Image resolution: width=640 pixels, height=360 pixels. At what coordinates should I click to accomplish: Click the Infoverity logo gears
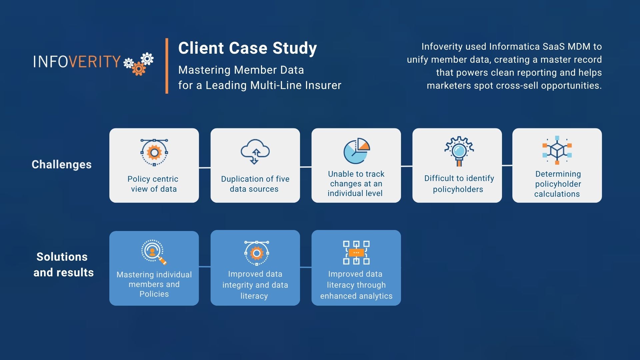[x=139, y=64]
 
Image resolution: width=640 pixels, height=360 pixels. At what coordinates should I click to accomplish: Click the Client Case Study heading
[x=247, y=48]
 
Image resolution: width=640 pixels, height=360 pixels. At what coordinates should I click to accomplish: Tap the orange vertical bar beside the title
[x=167, y=66]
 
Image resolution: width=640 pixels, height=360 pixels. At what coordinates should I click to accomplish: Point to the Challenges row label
[x=62, y=164]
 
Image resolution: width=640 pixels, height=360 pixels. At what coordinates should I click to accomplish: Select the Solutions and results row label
[x=63, y=264]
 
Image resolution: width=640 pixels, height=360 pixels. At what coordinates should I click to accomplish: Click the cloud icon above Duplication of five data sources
[x=255, y=152]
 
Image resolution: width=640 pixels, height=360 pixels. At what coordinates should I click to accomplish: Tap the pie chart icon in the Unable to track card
[x=356, y=151]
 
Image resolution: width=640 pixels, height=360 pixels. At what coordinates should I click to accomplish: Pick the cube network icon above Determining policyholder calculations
[x=557, y=150]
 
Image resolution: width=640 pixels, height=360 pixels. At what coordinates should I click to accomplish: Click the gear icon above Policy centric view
[x=154, y=152]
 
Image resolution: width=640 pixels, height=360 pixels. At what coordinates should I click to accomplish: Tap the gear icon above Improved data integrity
[x=256, y=253]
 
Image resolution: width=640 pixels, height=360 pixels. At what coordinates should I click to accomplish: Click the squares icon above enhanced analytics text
[x=356, y=253]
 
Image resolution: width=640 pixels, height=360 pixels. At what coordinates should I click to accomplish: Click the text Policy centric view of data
[x=153, y=184]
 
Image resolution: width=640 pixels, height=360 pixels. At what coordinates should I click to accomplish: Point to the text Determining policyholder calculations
[x=557, y=184]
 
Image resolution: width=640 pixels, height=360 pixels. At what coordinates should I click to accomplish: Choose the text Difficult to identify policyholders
[x=459, y=184]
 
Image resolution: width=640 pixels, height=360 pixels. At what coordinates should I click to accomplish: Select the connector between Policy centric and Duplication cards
[x=205, y=167]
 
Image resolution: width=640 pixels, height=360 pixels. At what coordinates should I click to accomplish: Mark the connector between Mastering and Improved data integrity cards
[x=205, y=267]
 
